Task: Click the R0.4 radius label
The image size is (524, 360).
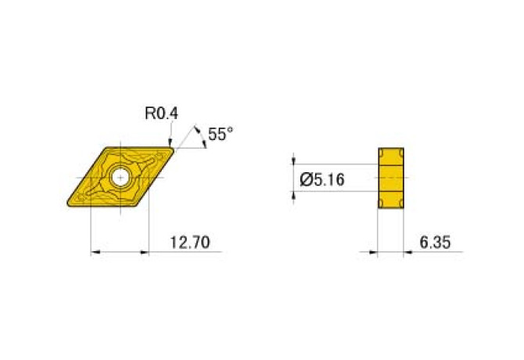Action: pos(161,113)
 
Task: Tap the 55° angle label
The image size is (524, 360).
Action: pos(221,135)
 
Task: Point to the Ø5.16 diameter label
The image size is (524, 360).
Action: pos(322,180)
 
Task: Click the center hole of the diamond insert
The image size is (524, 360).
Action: pos(120,177)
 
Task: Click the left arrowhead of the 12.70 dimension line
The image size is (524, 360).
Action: pos(95,252)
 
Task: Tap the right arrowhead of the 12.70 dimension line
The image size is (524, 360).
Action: pos(145,252)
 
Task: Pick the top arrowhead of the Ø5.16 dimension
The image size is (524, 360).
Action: pos(295,160)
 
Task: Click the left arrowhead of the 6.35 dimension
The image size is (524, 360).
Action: pos(373,252)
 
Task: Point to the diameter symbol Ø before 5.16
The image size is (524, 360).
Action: pos(307,180)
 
